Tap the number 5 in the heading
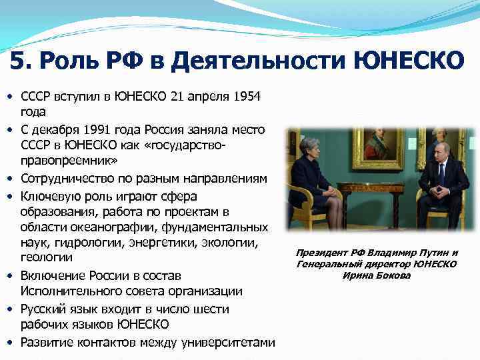19,61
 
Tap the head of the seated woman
313,150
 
